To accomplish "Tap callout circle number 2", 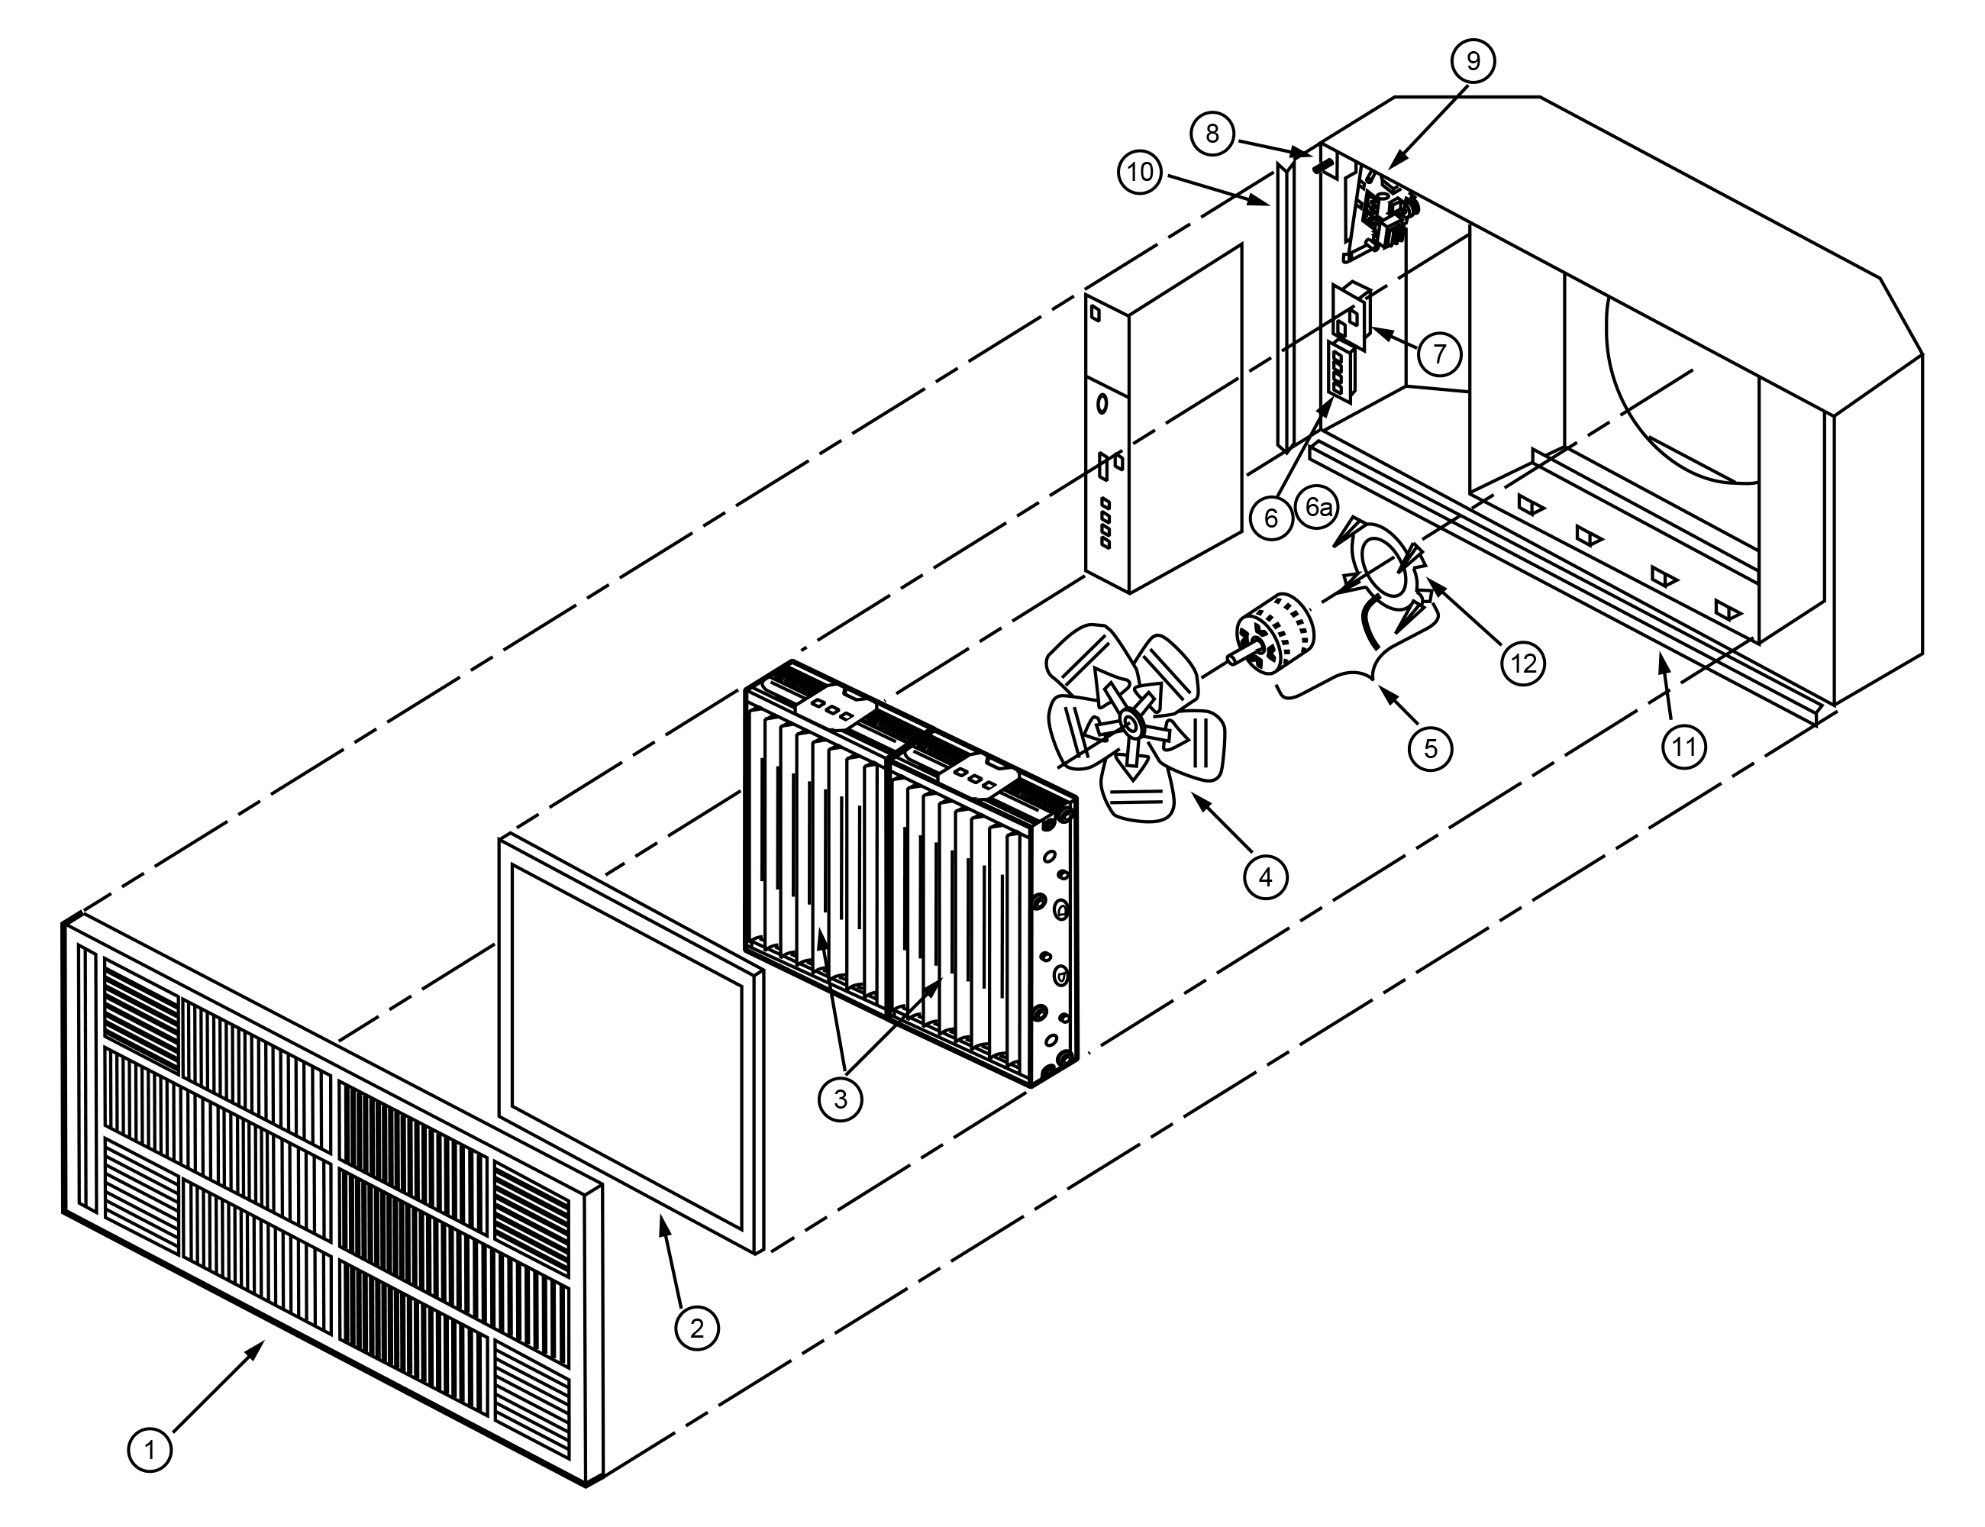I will (x=696, y=1328).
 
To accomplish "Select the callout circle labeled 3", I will (x=840, y=1099).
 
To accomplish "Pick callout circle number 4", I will (x=1265, y=876).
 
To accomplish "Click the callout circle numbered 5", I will (x=1431, y=747).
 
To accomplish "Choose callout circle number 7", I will (x=1439, y=353).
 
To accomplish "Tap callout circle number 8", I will (x=1212, y=134).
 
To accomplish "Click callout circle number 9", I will (x=1473, y=61).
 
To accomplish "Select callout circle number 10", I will (x=1140, y=172).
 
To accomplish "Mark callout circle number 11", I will (x=1684, y=746).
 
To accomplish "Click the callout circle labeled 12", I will (x=1523, y=663).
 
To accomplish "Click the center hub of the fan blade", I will (x=1130, y=722).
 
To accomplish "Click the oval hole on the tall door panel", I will (x=1102, y=402).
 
